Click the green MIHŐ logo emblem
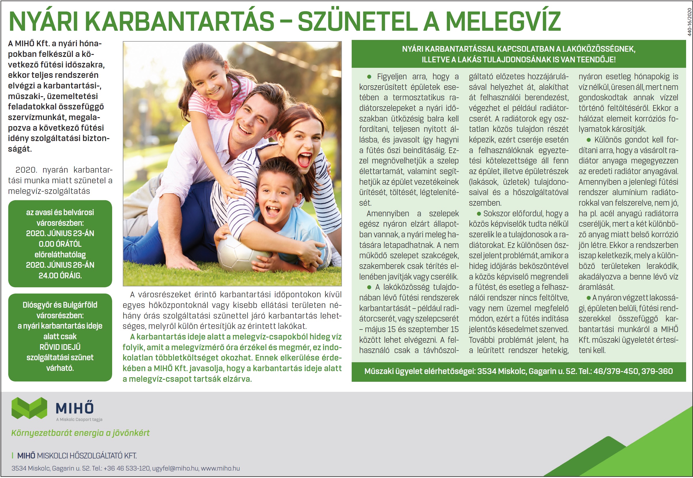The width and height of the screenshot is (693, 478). (x=29, y=408)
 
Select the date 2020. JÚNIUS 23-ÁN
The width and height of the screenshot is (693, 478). (x=60, y=233)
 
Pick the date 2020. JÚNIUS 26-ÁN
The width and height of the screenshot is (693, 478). (x=60, y=265)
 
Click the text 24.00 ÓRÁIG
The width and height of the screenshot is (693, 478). (x=60, y=275)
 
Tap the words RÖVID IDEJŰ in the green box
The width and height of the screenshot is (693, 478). (x=60, y=347)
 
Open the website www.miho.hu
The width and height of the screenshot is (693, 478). (x=220, y=468)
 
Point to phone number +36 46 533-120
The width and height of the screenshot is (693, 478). (x=127, y=468)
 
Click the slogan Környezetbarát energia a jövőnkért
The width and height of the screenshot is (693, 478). (x=80, y=433)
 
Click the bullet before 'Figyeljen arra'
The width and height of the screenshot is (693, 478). (x=369, y=77)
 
